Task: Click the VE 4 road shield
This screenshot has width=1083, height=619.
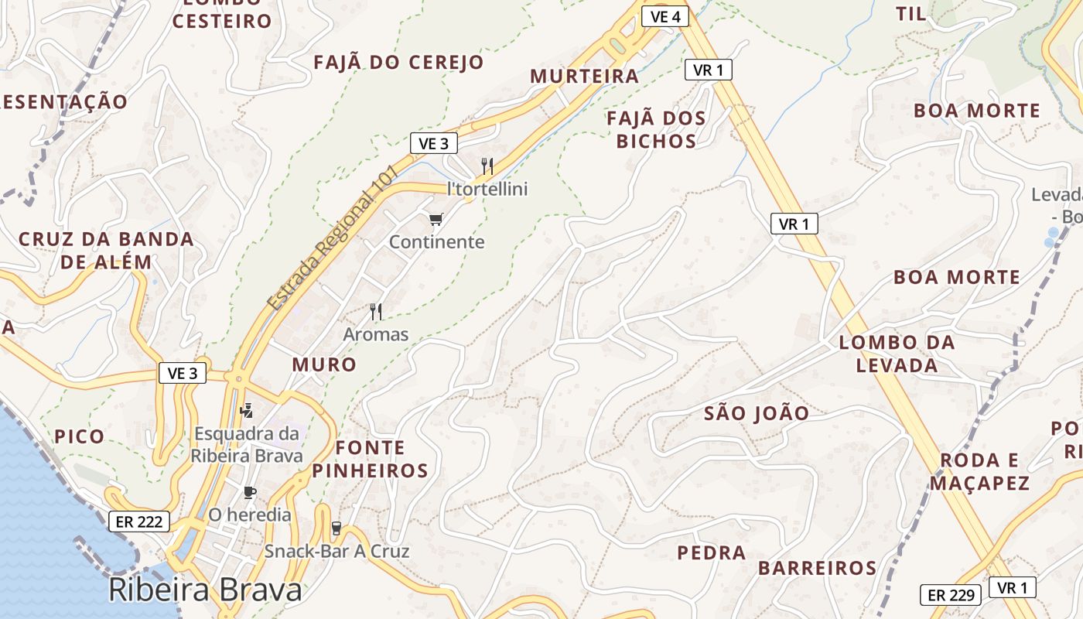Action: (x=664, y=15)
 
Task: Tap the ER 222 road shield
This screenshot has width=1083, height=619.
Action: (x=138, y=522)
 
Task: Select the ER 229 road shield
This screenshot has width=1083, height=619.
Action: (x=951, y=595)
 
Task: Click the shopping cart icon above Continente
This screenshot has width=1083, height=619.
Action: (x=436, y=220)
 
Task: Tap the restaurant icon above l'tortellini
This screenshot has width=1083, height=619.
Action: (x=487, y=166)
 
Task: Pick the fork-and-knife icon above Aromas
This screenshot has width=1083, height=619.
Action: (x=376, y=312)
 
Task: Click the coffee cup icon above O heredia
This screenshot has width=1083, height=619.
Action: (x=249, y=492)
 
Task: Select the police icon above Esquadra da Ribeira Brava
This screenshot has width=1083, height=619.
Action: (x=247, y=410)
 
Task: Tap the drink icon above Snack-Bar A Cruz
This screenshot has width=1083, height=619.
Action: (x=336, y=528)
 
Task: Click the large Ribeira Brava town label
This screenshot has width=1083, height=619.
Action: (x=205, y=590)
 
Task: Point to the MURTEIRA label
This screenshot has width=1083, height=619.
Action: (x=585, y=76)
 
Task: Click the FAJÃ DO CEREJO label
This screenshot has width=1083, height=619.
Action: (x=398, y=62)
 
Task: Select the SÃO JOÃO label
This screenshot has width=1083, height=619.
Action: (x=757, y=413)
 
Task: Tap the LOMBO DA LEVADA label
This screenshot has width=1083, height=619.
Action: (x=897, y=354)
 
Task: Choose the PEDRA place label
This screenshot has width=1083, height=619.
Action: (x=712, y=552)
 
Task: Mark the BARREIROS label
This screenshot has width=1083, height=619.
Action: (x=817, y=568)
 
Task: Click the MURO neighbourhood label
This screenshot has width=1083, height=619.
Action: (x=324, y=364)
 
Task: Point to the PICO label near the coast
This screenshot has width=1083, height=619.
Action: (x=80, y=436)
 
